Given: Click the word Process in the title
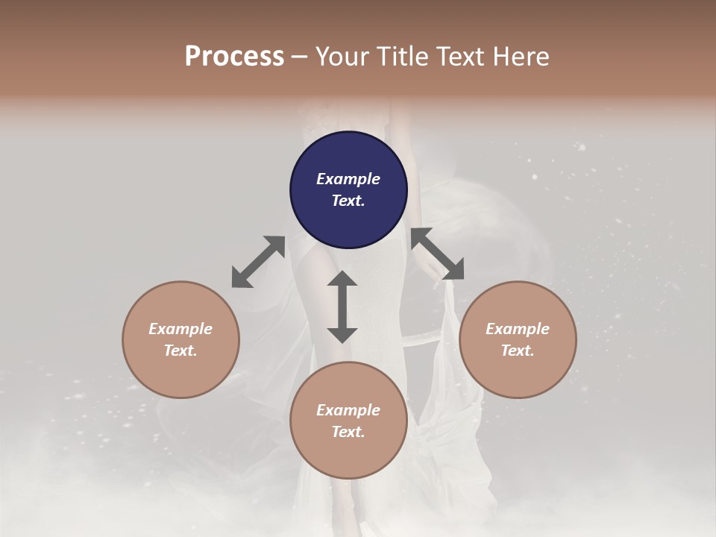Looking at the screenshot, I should point(234,57).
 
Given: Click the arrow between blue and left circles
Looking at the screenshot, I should point(258,262).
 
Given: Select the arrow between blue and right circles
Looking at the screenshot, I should point(437,254).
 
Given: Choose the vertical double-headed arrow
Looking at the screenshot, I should point(342,307).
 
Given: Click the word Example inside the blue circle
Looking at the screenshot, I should point(348,179).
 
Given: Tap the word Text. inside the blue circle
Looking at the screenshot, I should point(348,201).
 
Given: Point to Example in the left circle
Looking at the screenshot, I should point(180,329).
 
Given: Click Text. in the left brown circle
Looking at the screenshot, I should point(180,351).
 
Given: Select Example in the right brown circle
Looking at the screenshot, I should point(518,329).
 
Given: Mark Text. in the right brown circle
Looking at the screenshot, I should point(518,351).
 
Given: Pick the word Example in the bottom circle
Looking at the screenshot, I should point(348,410).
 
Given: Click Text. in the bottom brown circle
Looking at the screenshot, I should point(348,432).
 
